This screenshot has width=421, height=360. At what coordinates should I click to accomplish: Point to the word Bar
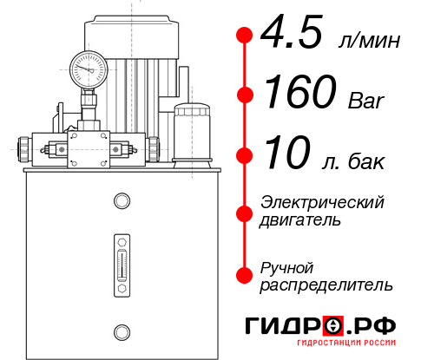click(364, 100)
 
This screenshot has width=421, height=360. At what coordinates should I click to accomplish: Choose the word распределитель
click(326, 285)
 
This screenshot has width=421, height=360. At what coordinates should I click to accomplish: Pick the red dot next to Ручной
click(245, 275)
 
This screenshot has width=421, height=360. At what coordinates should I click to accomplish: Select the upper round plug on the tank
click(121, 201)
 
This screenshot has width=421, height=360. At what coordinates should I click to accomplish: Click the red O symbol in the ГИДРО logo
click(333, 326)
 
